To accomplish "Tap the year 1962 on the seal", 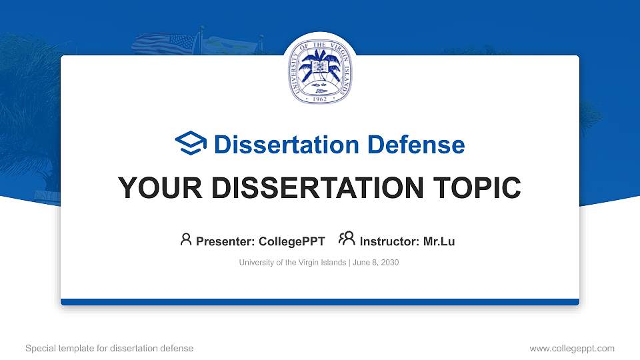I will pos(320,97).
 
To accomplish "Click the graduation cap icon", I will pos(191,144).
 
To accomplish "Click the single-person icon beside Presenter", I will pos(186,240).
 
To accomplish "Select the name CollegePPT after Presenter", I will pos(292,241).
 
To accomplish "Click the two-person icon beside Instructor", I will pos(347,239).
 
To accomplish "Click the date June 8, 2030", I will pos(375,263).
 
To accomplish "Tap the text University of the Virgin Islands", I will pos(292,263).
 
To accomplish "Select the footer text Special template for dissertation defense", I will pos(109,348).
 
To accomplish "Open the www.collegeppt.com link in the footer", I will pos(572,348).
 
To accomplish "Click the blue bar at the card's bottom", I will pos(320,302).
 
